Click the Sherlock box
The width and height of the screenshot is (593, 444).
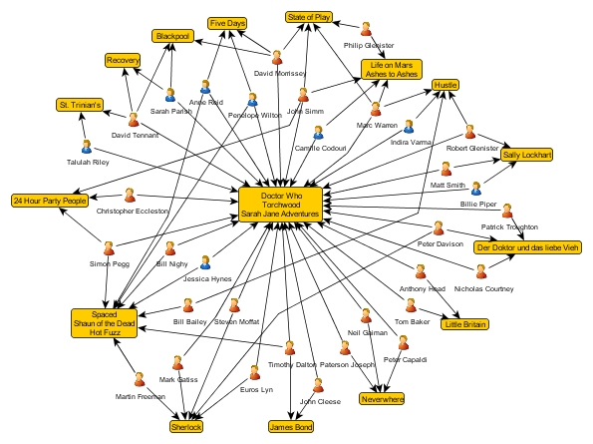tap(186, 427)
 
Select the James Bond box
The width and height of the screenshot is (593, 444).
tap(291, 427)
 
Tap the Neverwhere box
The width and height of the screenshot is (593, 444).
tap(382, 399)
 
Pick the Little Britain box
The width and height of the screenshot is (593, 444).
tap(464, 324)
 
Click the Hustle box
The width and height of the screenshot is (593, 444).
tap(445, 85)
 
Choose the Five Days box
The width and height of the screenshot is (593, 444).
tap(227, 24)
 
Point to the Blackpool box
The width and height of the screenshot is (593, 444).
tap(172, 36)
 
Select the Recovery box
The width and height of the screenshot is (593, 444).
tap(123, 60)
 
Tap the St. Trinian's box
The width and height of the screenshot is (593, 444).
tap(80, 105)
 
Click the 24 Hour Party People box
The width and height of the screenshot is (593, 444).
tap(50, 201)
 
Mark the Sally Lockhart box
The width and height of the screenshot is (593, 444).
tap(526, 155)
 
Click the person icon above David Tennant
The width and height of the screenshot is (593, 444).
tap(134, 120)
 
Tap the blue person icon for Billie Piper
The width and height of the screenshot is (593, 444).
tap(476, 189)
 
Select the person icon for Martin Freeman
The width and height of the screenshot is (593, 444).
tap(140, 379)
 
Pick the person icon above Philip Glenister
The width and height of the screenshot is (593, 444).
tap(366, 29)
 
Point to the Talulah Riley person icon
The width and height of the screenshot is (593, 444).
tap(87, 147)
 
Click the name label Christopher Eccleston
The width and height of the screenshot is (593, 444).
tap(132, 212)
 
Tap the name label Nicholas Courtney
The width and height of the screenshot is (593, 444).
tap(483, 288)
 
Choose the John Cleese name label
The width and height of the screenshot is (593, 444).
tap(320, 402)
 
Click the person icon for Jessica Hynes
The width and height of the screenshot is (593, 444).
tap(205, 262)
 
